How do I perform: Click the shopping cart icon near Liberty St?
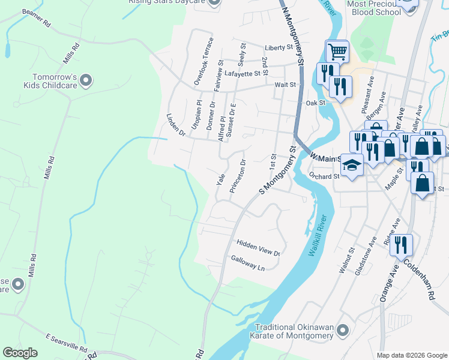pos(337,52)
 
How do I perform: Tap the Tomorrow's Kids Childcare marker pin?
pos(86,80)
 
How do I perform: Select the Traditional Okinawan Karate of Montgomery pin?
pos(343,331)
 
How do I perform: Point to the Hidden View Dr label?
pos(259,248)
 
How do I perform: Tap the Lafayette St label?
pos(244,74)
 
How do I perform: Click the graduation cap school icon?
pos(352,166)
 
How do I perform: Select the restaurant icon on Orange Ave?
pos(401,245)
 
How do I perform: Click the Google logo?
pos(20,353)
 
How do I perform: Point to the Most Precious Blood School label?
pos(374,8)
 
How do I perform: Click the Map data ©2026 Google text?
pos(411,355)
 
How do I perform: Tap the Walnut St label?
pos(344,263)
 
